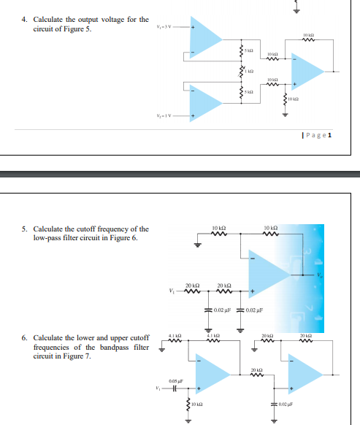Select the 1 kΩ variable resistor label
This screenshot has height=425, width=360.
[x=248, y=69]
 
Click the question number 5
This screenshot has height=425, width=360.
[x=24, y=229]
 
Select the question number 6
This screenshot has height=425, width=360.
[x=24, y=338]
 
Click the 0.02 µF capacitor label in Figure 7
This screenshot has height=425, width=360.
[x=286, y=404]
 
